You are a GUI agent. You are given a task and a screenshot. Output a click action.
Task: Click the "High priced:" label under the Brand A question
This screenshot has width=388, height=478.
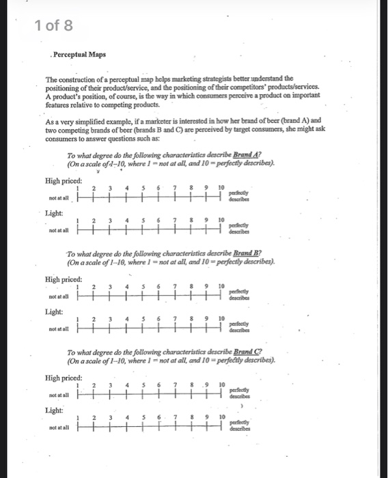click(x=64, y=180)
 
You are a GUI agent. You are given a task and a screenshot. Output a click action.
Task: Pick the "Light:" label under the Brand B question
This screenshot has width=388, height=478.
click(x=55, y=311)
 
